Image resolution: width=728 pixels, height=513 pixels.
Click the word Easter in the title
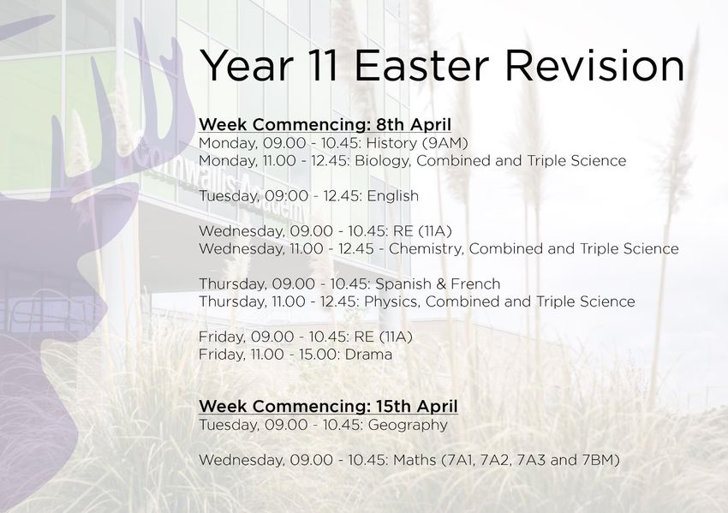421,65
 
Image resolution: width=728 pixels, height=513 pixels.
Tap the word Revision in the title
594,65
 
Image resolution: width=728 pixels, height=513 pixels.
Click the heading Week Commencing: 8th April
325,124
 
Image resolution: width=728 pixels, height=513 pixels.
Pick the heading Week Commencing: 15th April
328,406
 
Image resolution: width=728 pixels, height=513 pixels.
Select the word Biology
383,161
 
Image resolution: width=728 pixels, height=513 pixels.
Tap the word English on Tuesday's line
393,196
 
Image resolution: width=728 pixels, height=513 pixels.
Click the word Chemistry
426,249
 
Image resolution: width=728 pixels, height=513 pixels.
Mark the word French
475,283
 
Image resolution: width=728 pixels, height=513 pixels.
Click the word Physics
392,301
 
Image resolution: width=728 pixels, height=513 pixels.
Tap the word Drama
368,355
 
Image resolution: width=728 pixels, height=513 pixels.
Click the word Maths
415,460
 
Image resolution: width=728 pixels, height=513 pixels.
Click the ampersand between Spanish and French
441,283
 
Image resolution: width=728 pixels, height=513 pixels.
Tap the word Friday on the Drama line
222,355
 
